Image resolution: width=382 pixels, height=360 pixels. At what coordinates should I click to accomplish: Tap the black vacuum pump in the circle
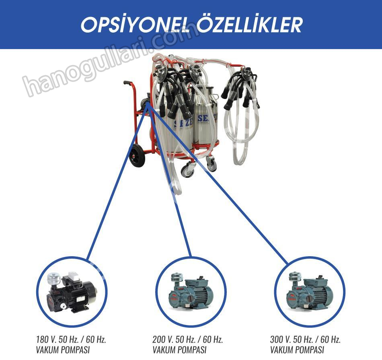(71, 292)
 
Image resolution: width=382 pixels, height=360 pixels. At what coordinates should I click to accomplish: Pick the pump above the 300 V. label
(309, 292)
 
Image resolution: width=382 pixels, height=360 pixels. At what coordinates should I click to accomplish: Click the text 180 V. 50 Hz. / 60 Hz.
(71, 339)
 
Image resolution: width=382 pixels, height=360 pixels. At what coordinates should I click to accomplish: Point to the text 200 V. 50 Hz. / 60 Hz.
(188, 339)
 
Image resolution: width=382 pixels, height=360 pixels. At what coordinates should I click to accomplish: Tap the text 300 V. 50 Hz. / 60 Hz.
(305, 339)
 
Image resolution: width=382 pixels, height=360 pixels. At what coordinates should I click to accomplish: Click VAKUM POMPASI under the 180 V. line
(63, 350)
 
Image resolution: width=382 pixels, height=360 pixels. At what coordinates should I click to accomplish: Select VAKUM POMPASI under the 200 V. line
(180, 350)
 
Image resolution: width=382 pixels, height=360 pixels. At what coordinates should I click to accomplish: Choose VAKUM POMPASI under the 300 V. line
(297, 350)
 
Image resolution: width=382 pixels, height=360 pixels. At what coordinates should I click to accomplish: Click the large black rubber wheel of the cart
(137, 155)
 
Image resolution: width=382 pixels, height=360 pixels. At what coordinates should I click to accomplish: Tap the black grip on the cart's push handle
(128, 83)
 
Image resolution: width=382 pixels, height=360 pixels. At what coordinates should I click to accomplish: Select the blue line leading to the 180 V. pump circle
(118, 182)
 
